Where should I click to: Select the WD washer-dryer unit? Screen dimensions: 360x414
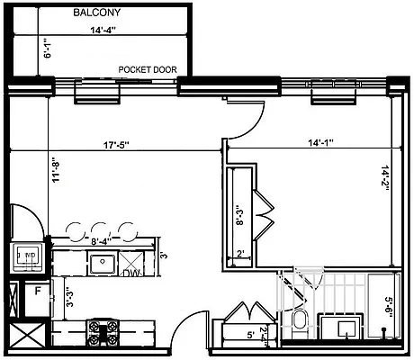click(27, 256)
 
